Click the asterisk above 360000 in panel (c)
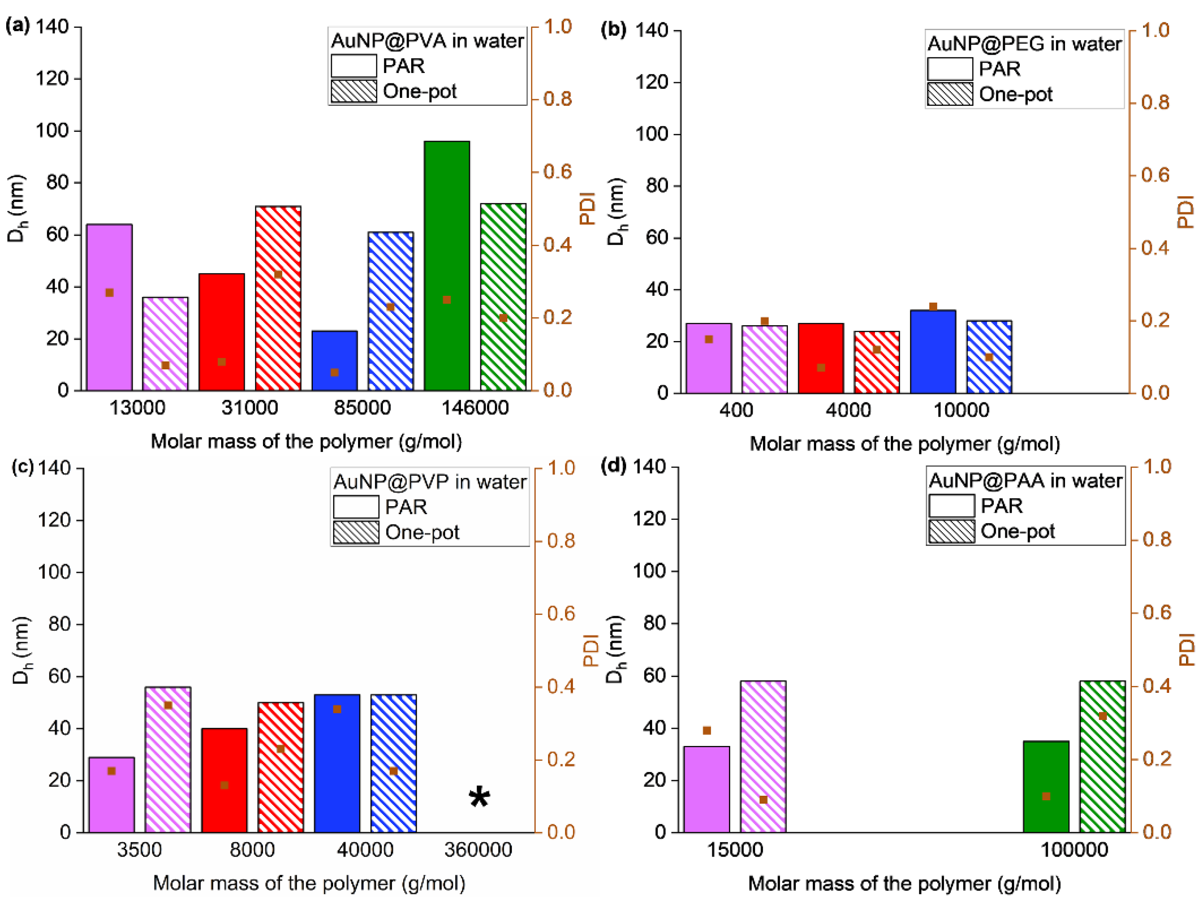click(x=479, y=798)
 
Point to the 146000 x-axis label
click(x=475, y=408)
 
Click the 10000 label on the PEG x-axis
click(x=961, y=410)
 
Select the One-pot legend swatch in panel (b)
click(x=950, y=94)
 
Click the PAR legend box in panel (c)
click(x=356, y=507)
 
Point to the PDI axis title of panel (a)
click(x=588, y=208)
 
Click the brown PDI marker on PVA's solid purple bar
click(x=110, y=293)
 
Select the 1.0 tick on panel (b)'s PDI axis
click(x=1155, y=30)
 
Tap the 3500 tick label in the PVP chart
click(x=139, y=850)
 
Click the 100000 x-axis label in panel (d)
click(x=1074, y=850)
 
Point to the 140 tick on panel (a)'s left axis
click(x=52, y=26)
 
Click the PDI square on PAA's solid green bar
click(x=1046, y=796)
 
